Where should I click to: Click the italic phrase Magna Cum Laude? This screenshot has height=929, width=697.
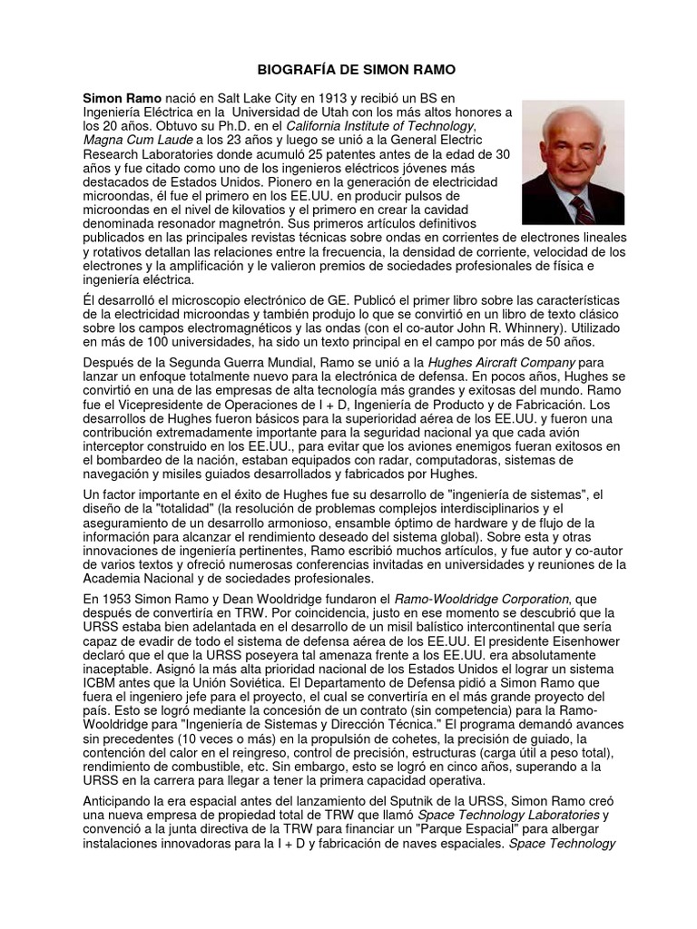(x=138, y=140)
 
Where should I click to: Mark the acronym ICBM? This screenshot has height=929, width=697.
(x=102, y=688)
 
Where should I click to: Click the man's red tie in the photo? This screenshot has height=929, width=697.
(x=581, y=209)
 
